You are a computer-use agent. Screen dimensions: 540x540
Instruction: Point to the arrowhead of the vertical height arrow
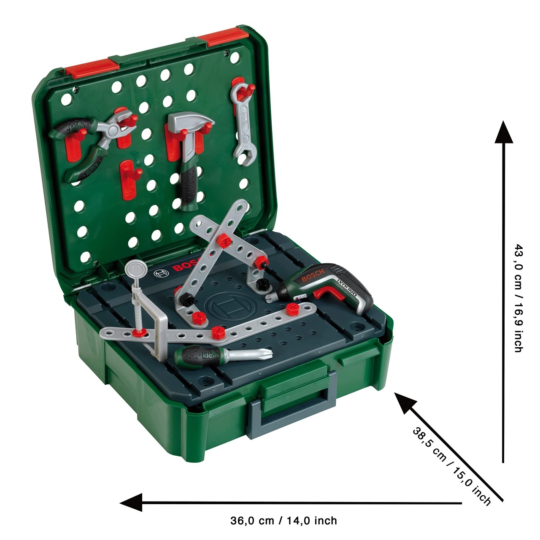[x=504, y=132]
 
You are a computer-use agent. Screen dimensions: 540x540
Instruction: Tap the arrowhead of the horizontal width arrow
[x=131, y=502]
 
